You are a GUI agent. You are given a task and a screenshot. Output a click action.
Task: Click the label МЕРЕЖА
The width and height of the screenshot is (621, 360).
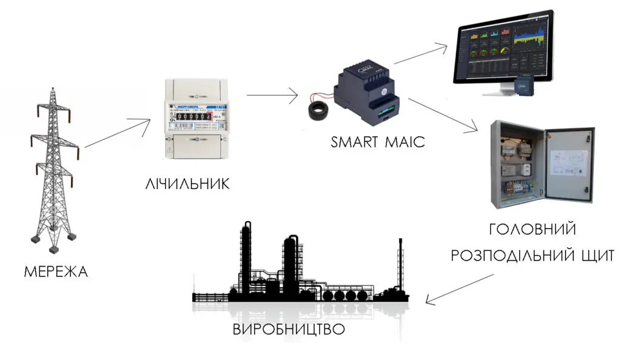click(56, 272)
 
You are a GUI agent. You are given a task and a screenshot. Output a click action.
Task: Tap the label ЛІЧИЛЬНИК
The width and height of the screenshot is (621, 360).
click(188, 184)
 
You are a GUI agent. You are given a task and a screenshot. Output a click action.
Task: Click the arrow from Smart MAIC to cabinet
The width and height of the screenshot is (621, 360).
click(446, 115)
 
